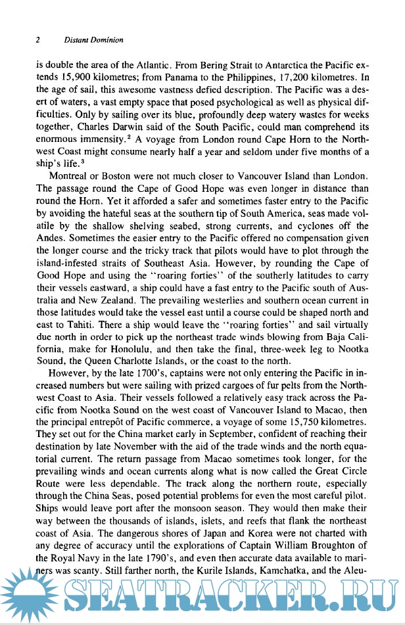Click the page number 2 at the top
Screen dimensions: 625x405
(38, 39)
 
